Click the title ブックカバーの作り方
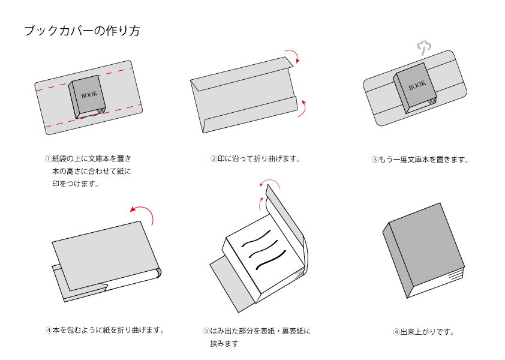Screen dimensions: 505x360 tap(82, 31)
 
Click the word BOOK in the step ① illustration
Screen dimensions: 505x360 tap(89, 94)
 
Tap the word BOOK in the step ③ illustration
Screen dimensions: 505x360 tap(417, 85)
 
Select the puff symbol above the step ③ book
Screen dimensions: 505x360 tap(424, 49)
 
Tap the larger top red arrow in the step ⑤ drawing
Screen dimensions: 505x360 tap(270, 181)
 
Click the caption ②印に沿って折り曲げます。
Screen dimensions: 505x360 tap(255, 159)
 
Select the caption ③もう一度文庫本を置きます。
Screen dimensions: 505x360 tap(420, 160)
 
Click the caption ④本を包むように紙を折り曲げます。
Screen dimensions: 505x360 tap(105, 331)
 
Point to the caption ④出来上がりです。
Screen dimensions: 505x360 tap(423, 332)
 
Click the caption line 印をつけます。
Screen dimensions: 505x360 tap(76, 184)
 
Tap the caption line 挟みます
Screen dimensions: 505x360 tap(224, 344)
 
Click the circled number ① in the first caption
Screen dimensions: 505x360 tap(49, 158)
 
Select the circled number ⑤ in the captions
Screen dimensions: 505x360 tap(206, 331)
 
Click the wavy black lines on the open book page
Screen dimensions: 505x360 tap(263, 250)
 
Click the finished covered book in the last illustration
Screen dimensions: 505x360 tap(423, 250)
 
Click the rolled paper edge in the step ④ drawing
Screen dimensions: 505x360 tap(157, 273)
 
